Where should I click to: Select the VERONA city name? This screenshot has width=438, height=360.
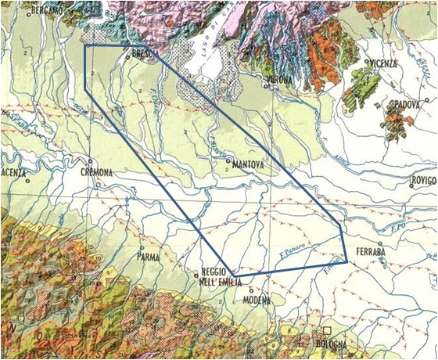pos(280,81)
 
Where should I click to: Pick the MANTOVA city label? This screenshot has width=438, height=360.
pos(248,165)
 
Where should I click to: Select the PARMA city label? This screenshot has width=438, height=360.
pos(148,256)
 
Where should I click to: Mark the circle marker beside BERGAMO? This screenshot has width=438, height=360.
pos(29,10)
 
